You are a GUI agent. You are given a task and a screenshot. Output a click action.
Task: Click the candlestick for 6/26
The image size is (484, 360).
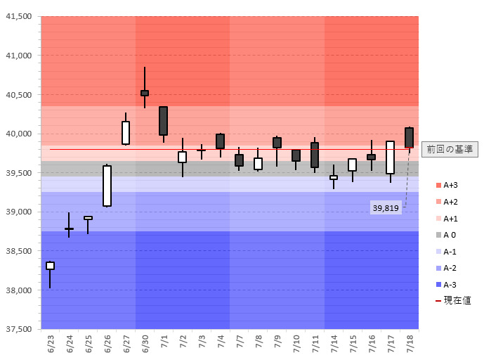coord(107,186)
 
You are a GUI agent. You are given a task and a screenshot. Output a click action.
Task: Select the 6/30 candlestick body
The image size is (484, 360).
coord(145,93)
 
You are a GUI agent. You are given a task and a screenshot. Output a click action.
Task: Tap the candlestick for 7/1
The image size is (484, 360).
coord(164,121)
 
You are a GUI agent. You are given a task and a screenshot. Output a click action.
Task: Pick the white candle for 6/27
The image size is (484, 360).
coord(126,132)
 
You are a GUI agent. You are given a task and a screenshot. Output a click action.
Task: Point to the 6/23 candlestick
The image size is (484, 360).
coord(51,266)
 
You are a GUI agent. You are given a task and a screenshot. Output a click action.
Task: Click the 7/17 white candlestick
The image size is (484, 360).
coord(390,157)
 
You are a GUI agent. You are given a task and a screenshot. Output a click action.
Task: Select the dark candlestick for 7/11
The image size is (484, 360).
coord(315,155)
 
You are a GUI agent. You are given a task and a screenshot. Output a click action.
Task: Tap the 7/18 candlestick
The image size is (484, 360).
coord(409,138)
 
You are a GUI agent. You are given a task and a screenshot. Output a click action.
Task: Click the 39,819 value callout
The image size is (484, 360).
coord(386,208)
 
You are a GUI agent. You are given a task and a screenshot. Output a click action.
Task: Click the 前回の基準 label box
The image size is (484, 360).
coord(450,149)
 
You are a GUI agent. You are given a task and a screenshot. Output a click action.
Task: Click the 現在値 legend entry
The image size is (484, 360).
coord(453,300)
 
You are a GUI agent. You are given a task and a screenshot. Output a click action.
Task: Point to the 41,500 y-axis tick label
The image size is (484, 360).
coord(19,16)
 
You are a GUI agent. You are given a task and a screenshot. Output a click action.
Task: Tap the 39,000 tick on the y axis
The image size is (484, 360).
coord(19,212)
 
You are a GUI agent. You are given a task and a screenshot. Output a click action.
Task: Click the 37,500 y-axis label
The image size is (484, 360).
coord(19,329)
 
